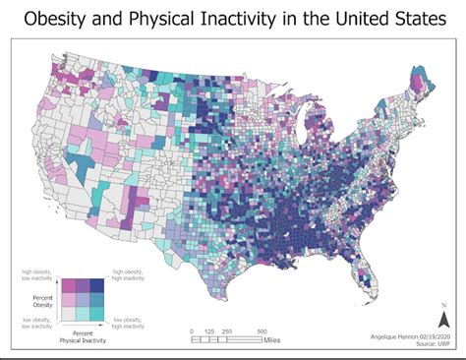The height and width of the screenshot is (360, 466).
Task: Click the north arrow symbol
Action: point(443,319)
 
